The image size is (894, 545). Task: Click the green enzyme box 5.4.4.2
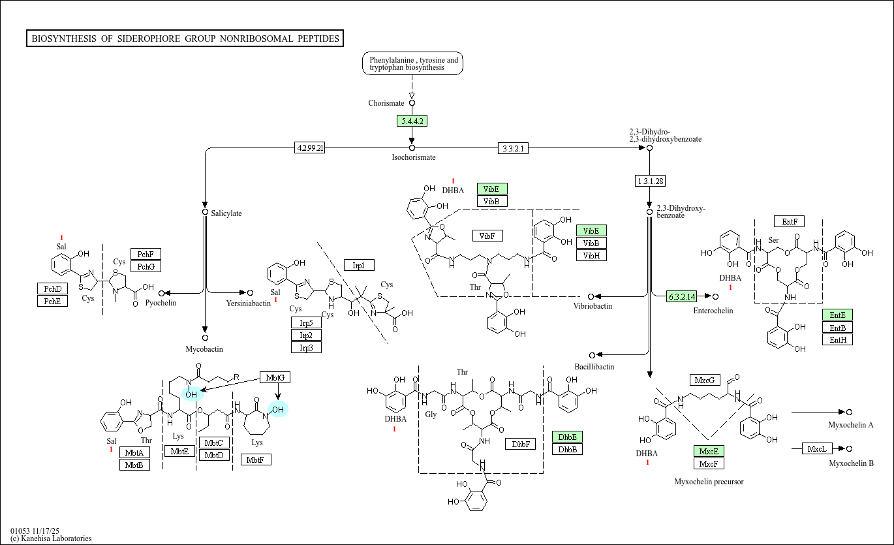[x=412, y=121]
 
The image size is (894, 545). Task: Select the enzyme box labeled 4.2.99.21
[x=309, y=148]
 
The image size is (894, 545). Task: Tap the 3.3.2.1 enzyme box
[x=513, y=149]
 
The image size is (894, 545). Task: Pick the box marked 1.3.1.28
[x=650, y=181]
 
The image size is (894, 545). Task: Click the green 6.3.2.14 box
[x=682, y=297]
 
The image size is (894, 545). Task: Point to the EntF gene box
[x=789, y=222]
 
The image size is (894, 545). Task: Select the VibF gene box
[x=487, y=236]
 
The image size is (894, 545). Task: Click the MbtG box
[x=275, y=377]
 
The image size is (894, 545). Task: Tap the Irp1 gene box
[x=359, y=265]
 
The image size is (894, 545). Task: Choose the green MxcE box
[x=709, y=451]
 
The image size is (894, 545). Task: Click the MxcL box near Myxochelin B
[x=817, y=449]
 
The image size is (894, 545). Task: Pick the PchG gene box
[x=146, y=266]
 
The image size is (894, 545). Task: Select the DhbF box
[x=521, y=444]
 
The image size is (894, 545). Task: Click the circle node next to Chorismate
[x=412, y=103]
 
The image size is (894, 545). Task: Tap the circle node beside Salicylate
[x=205, y=212]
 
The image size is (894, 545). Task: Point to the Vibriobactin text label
[x=593, y=306]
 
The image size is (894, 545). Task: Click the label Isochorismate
[x=414, y=157]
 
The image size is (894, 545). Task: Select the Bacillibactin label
[x=594, y=367]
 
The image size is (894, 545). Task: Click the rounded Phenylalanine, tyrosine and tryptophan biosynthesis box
[x=412, y=63]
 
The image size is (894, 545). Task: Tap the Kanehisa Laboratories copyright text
[x=51, y=538]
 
